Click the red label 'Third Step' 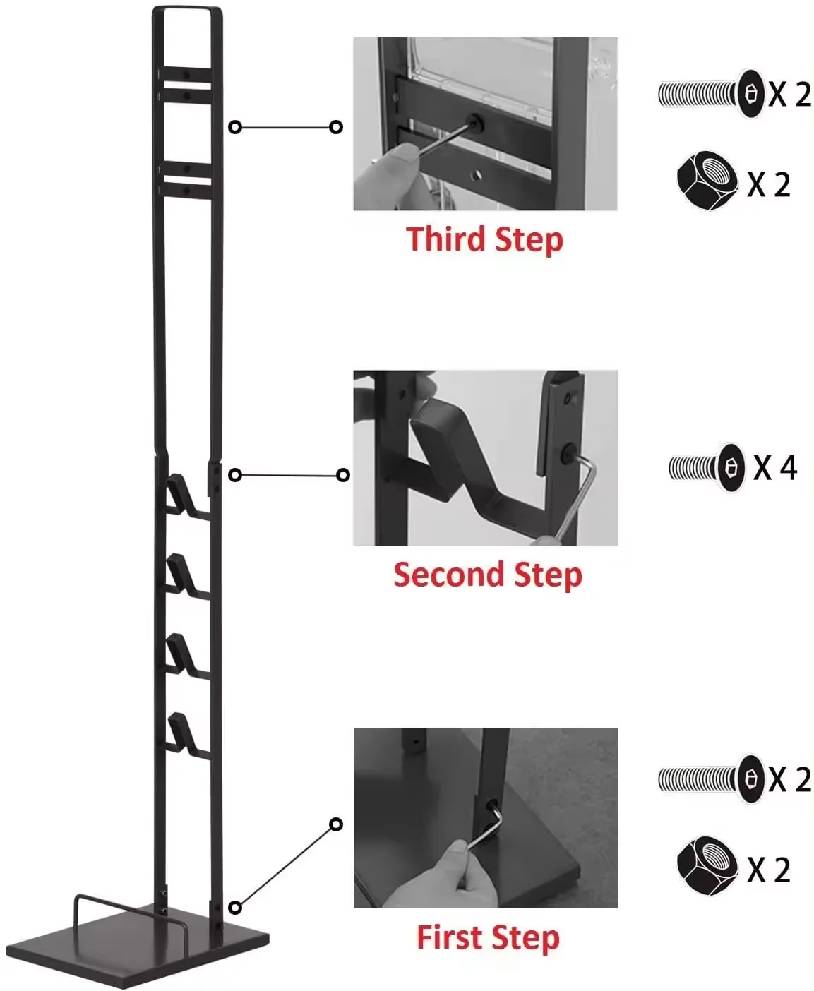click(x=484, y=239)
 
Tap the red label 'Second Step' click(x=487, y=575)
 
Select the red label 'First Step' click(x=488, y=937)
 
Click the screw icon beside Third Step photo click(x=712, y=93)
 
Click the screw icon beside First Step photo click(x=712, y=779)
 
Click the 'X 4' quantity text click(x=775, y=467)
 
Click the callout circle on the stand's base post click(x=236, y=907)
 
